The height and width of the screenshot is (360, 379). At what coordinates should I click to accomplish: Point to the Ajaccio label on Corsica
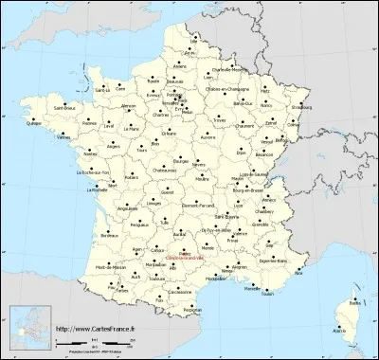339,332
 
